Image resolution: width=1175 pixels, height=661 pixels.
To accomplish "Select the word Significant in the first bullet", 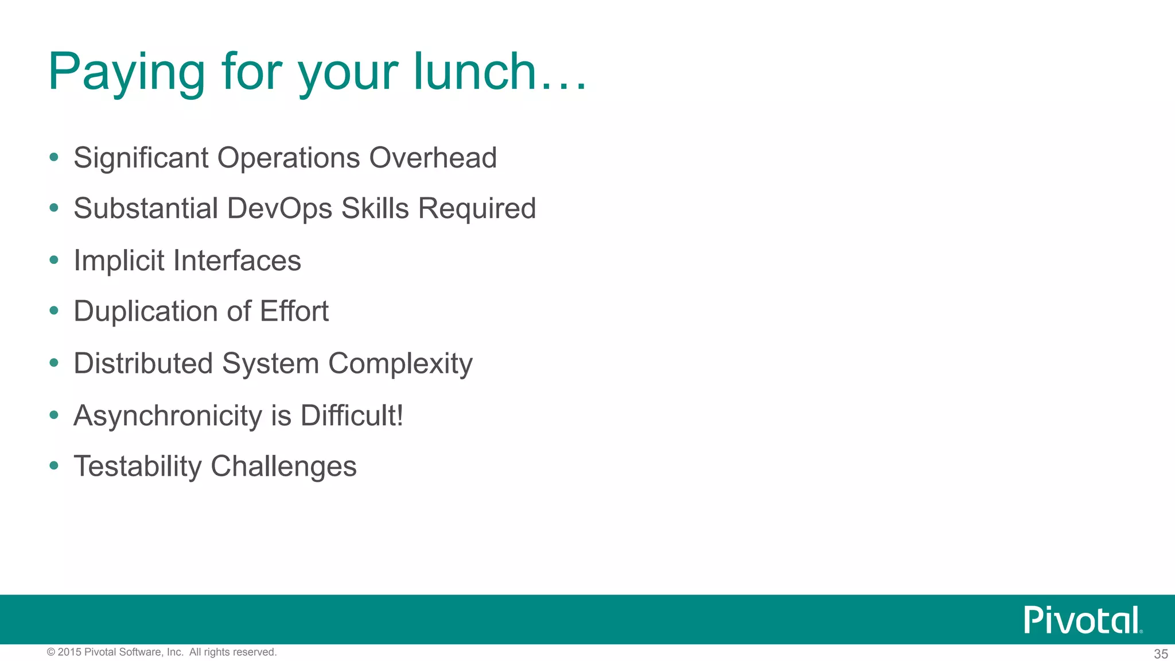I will click(141, 158).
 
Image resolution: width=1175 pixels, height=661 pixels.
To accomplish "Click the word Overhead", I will click(433, 158).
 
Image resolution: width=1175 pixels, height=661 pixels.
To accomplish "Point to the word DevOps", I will click(279, 208).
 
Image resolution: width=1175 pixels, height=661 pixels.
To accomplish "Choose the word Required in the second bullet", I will click(477, 208).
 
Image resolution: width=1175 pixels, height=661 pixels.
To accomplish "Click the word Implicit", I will click(119, 260).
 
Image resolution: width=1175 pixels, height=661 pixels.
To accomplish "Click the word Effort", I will click(294, 312).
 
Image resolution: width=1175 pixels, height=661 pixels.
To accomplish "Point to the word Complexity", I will click(400, 364).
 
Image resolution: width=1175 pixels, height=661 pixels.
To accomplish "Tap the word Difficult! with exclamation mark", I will click(352, 415).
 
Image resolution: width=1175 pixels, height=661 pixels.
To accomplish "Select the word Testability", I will click(138, 466).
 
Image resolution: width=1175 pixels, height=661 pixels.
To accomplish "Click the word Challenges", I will click(283, 466).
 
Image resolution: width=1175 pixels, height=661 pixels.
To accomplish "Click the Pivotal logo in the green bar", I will click(1082, 620).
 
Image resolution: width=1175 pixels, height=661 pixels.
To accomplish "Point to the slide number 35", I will click(1161, 654).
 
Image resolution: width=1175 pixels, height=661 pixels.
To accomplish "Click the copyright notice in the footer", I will click(162, 652).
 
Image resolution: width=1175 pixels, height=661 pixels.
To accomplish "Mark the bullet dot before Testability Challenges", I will click(54, 465).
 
